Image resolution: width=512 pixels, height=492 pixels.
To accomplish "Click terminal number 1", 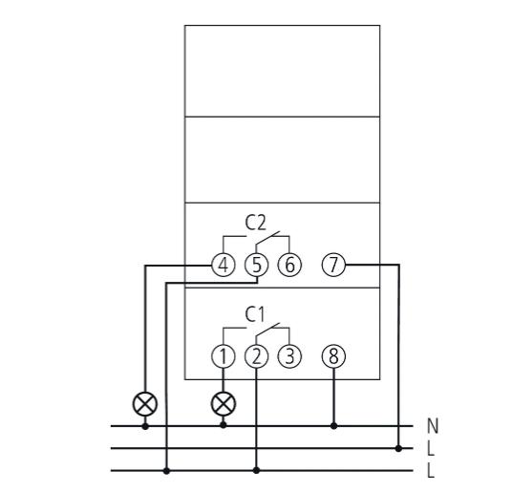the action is [224, 356].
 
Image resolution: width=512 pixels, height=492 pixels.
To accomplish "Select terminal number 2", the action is [257, 356].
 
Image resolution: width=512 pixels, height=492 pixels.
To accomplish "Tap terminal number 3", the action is [290, 356].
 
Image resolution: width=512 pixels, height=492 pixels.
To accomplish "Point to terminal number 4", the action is [224, 265].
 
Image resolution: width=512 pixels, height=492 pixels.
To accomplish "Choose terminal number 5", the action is [257, 265].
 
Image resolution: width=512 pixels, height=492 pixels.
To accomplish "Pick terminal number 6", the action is [290, 265].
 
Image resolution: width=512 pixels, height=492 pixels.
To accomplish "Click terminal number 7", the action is [333, 265].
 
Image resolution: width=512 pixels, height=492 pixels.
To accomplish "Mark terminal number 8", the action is [333, 356].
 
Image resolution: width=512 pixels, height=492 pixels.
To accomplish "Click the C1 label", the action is [255, 314].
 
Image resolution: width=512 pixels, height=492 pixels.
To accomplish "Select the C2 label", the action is [256, 223].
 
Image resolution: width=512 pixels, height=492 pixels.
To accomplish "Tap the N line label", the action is [433, 426].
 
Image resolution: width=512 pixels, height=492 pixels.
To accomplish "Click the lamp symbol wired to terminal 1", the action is [224, 404].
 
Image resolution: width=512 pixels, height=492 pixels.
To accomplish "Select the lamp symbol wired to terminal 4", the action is [145, 404].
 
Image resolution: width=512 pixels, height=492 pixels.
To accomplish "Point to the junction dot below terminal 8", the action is [333, 426].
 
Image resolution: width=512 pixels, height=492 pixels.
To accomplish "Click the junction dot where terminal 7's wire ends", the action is [398, 448].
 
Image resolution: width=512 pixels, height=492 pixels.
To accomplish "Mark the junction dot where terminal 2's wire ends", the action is [257, 470].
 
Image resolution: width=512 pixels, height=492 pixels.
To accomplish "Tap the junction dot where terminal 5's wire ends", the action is [166, 470].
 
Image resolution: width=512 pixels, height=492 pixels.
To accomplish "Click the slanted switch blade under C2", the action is [267, 237].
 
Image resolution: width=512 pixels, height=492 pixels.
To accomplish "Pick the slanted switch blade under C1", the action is [267, 329].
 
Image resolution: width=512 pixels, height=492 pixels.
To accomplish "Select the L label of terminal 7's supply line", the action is [431, 449].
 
